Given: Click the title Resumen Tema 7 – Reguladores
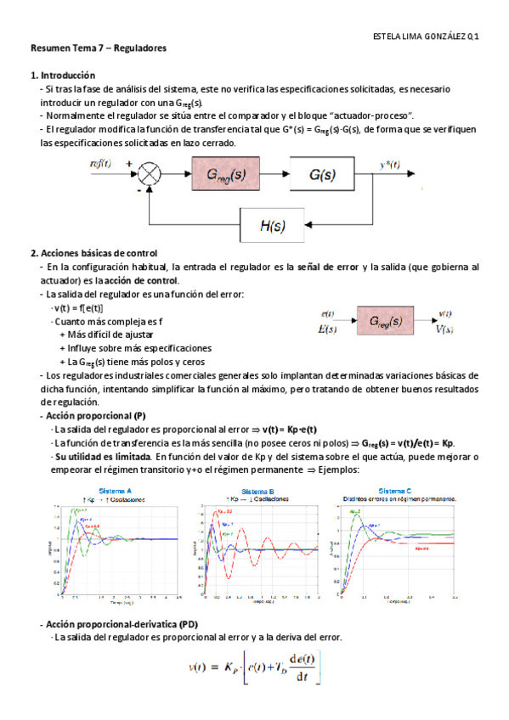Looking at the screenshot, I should click(x=98, y=48).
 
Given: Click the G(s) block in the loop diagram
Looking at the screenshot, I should click(x=320, y=177).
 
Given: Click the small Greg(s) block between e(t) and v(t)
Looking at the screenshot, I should click(x=386, y=322).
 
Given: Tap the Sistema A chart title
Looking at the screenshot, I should click(x=116, y=491).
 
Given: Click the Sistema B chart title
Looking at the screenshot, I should click(x=257, y=491).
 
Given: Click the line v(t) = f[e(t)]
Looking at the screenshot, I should click(x=78, y=307).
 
